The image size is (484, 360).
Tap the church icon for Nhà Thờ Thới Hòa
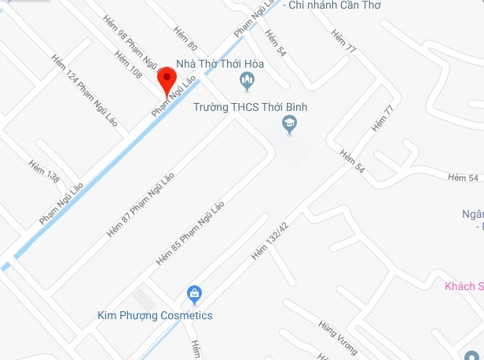248,80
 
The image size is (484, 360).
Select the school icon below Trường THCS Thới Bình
290,124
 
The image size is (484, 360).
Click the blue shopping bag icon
194,295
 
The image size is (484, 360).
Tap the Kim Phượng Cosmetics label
155,316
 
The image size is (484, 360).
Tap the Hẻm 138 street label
44,172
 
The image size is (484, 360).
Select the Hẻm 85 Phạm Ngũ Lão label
191,233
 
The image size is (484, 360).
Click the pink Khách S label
463,286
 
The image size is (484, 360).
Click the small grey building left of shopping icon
144,299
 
